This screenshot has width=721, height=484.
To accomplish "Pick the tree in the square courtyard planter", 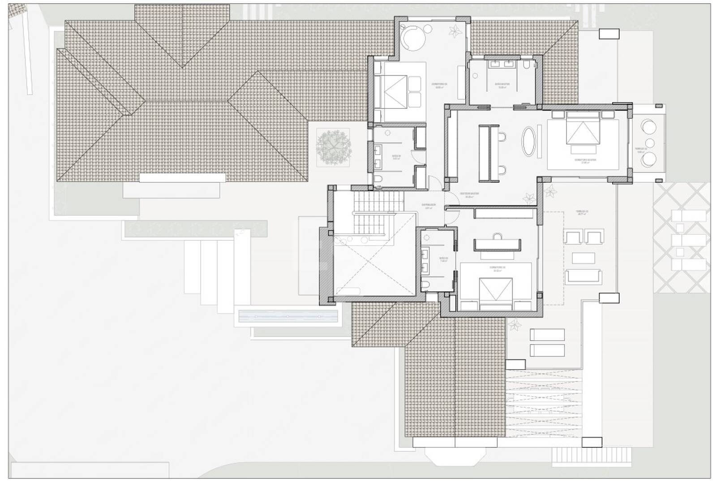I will coord(333,146).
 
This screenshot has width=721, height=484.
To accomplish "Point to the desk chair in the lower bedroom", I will coord(497,236).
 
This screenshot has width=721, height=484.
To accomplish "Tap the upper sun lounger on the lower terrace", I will coord(547,334).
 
